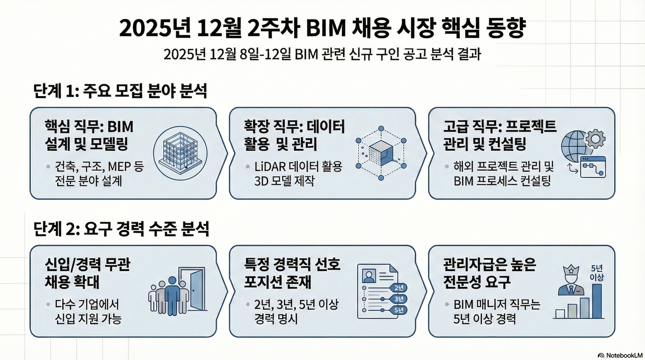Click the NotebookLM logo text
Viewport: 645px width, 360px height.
(625, 356)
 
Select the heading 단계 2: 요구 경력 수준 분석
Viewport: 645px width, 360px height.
(121, 229)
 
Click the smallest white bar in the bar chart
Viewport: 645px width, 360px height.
(560, 314)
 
